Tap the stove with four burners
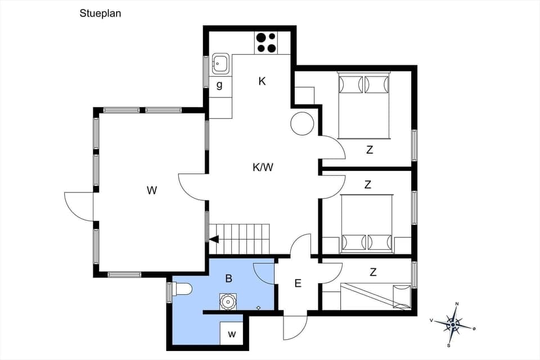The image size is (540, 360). [x=266, y=43]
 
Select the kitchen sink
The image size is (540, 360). [x=220, y=64]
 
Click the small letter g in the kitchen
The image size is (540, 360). [x=219, y=85]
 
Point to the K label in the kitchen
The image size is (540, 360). [x=262, y=81]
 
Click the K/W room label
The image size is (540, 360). [x=263, y=166]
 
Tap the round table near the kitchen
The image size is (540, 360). [x=302, y=123]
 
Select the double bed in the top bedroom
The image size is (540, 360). [x=363, y=106]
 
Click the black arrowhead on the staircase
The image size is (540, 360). [x=214, y=239]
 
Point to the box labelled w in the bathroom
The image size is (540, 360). [x=231, y=334]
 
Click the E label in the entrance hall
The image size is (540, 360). [x=298, y=283]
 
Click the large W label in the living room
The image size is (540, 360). [x=151, y=190]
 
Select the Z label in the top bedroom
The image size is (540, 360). [x=370, y=150]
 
